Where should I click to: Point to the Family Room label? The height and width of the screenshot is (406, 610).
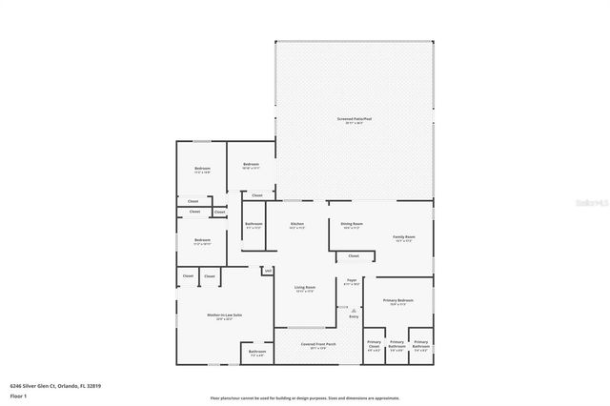(x=404, y=237)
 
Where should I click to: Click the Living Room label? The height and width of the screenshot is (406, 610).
(x=304, y=287)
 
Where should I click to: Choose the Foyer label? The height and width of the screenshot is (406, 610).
(x=352, y=280)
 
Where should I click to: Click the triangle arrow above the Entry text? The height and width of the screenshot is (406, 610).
(x=353, y=310)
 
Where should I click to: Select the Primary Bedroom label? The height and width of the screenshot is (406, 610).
(x=396, y=300)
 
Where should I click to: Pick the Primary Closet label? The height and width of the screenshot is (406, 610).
(x=374, y=343)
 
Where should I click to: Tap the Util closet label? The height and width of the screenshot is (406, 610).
(x=269, y=271)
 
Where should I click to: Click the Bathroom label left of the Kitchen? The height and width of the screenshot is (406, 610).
(x=254, y=225)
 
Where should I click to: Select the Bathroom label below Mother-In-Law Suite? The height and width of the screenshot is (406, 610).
(x=257, y=352)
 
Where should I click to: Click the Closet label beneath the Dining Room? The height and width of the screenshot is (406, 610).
(x=353, y=255)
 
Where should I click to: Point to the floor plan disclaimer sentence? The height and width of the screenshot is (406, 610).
(x=305, y=397)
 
